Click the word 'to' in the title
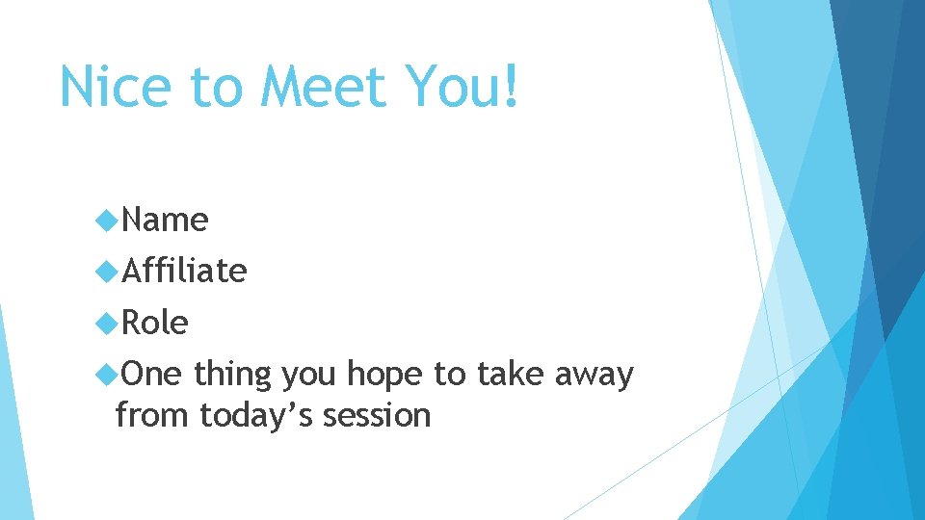(219, 89)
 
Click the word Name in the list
(165, 221)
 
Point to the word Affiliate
(184, 272)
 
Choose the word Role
(155, 323)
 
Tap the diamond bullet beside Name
(106, 221)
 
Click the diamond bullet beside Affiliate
(106, 273)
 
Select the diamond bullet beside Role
(106, 324)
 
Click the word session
(377, 416)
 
